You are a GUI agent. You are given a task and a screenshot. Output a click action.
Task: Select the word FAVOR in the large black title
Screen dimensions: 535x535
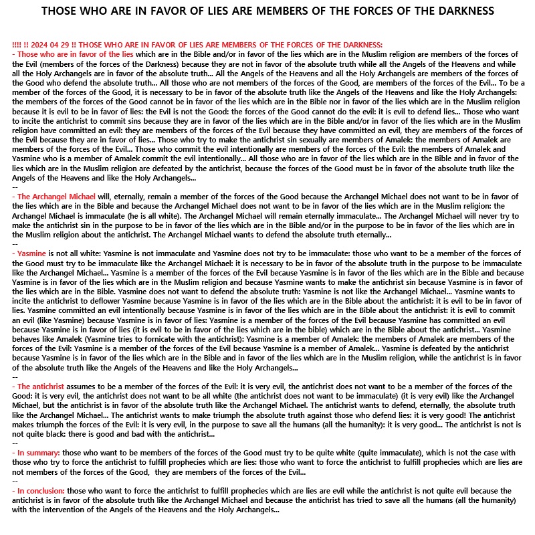(x=156, y=11)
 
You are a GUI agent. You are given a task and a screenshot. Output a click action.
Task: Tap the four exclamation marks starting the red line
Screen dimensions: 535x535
(x=17, y=43)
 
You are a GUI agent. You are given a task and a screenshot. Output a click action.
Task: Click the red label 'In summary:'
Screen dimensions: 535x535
(x=38, y=453)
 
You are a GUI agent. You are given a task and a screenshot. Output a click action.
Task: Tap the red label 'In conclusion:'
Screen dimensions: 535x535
(x=41, y=491)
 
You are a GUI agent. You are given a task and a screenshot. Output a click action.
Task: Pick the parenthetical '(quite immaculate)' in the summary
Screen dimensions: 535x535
(x=370, y=453)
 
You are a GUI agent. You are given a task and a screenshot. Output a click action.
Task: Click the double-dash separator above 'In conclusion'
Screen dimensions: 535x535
(x=15, y=481)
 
